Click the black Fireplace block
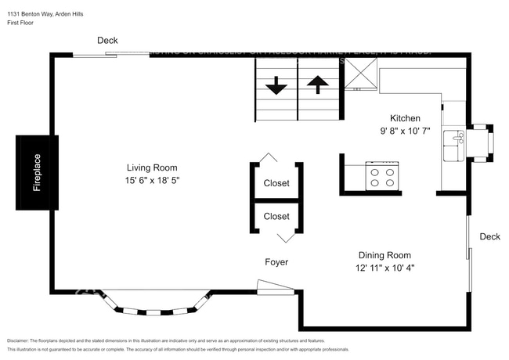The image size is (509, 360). [37, 172]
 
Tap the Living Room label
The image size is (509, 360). [152, 167]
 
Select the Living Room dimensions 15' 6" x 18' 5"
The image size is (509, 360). [152, 181]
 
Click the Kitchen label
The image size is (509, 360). [399, 118]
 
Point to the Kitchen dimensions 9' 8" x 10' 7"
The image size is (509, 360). [399, 131]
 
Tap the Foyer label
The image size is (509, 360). [276, 262]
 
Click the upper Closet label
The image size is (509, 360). [276, 183]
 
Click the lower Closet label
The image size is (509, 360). [276, 216]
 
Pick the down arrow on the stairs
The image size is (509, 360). [276, 86]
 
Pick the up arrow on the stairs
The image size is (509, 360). [317, 85]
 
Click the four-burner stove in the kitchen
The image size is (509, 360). [383, 177]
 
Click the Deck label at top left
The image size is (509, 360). [108, 41]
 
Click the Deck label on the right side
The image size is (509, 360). [489, 236]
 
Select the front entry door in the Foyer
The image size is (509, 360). [275, 289]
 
